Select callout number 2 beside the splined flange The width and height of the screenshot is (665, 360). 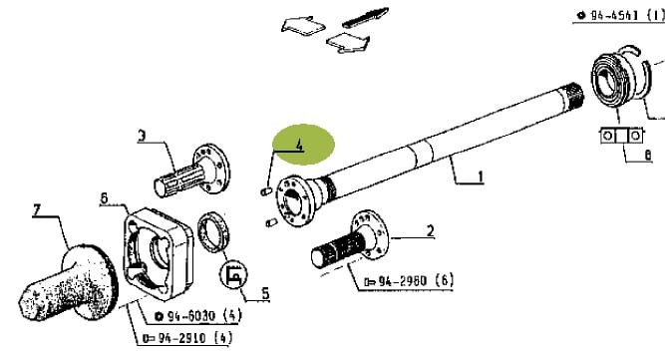coord(431,232)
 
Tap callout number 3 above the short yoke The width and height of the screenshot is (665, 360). coord(143,136)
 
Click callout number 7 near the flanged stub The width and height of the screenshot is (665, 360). coord(37,209)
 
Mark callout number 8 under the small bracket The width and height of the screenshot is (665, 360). coord(647,156)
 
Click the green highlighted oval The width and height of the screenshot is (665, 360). coord(304,145)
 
